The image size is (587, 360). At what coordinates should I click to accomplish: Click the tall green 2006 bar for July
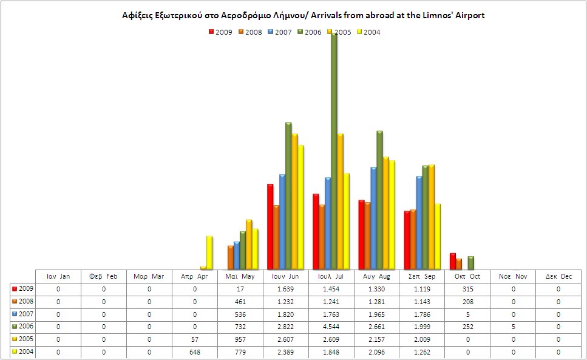tap(334, 152)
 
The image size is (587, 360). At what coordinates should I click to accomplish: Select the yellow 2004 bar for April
tap(209, 253)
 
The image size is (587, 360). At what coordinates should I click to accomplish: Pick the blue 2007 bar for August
tap(374, 218)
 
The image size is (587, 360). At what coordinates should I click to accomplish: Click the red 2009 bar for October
tap(452, 261)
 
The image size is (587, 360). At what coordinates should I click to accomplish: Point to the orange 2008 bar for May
tap(231, 257)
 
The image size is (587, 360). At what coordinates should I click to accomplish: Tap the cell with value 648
tap(195, 352)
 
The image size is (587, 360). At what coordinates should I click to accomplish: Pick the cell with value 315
tap(467, 289)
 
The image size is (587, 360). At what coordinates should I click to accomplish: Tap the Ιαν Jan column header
tap(58, 277)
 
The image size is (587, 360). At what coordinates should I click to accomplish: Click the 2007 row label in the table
tap(24, 314)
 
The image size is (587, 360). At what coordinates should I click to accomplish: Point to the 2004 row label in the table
tap(24, 352)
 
